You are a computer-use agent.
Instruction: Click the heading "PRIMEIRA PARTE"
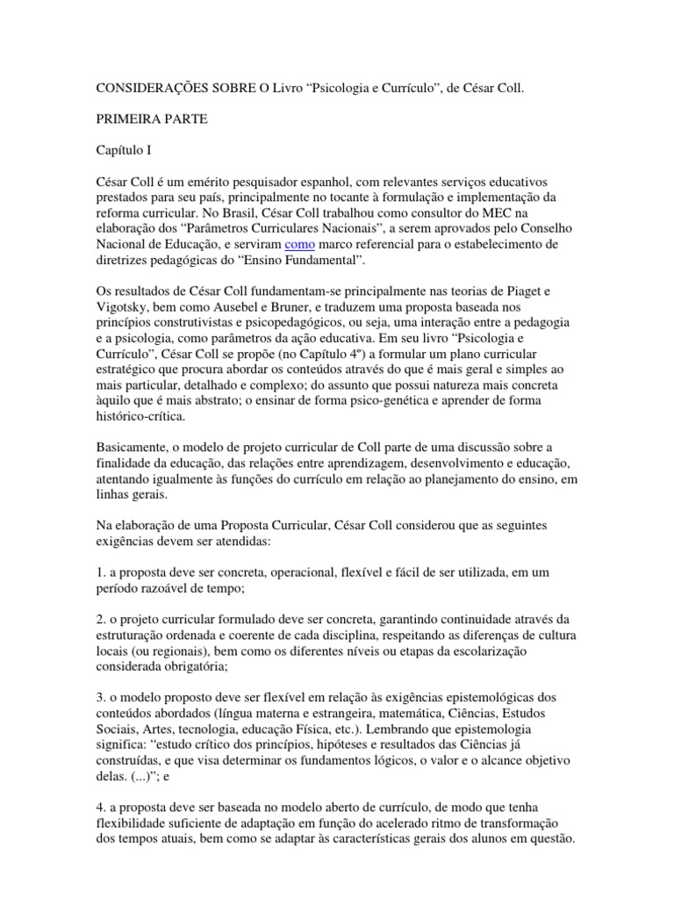click(150, 120)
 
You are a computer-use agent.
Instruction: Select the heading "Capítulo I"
click(124, 151)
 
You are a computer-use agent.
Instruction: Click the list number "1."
click(101, 572)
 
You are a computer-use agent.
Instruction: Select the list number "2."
click(101, 620)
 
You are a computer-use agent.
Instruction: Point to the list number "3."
click(101, 698)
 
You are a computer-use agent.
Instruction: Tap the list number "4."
click(101, 792)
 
